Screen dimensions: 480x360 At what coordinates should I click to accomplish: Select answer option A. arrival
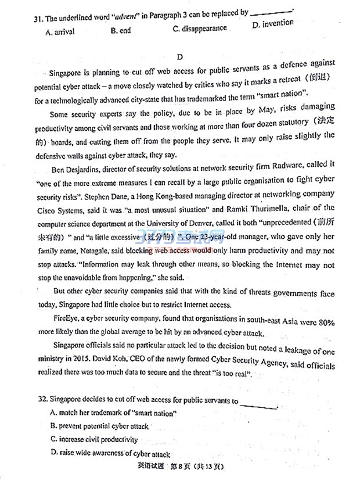(x=60, y=32)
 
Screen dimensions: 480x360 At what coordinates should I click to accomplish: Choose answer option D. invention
(x=273, y=24)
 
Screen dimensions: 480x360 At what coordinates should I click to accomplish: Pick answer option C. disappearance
(x=200, y=28)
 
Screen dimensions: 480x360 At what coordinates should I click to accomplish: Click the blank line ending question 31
(x=273, y=10)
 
